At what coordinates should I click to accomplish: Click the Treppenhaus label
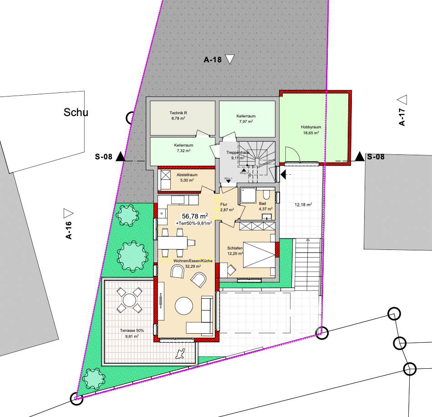click(x=238, y=153)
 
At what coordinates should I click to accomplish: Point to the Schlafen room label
click(x=235, y=248)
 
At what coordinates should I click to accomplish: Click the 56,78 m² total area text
click(x=195, y=216)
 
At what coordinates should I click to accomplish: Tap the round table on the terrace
click(x=130, y=300)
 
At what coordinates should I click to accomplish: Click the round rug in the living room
click(x=185, y=306)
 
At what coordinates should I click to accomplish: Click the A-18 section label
click(x=212, y=59)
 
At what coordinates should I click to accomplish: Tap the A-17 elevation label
click(x=402, y=117)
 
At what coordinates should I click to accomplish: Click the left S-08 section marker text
click(x=103, y=157)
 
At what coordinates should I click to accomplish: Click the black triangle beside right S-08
click(x=360, y=157)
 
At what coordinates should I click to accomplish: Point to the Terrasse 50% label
click(x=132, y=330)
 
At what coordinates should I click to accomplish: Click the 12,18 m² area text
click(x=303, y=204)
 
